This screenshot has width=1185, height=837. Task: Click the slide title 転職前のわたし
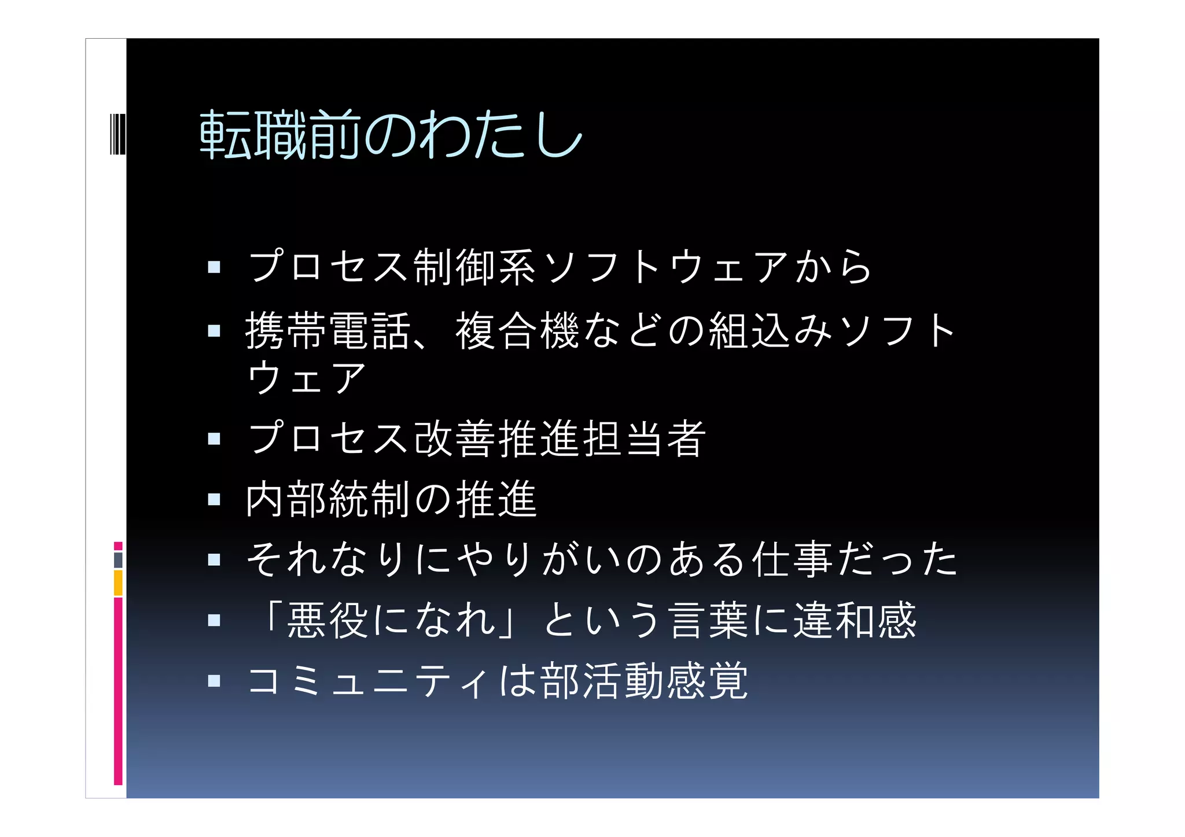(x=391, y=135)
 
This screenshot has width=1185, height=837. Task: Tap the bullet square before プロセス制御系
(x=214, y=267)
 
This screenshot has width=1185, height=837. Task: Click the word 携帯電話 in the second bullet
(x=327, y=330)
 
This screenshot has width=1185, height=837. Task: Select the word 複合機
(x=517, y=330)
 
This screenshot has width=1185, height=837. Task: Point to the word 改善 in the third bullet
(x=455, y=438)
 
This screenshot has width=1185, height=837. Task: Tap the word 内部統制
(x=327, y=499)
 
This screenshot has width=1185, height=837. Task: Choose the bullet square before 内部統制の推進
(x=214, y=499)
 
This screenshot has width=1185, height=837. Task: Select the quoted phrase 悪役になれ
(x=391, y=621)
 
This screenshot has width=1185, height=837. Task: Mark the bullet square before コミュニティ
(x=214, y=681)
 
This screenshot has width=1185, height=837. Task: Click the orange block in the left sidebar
(x=118, y=582)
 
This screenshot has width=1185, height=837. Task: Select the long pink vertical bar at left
(x=118, y=691)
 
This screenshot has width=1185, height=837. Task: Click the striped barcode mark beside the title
(x=117, y=134)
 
